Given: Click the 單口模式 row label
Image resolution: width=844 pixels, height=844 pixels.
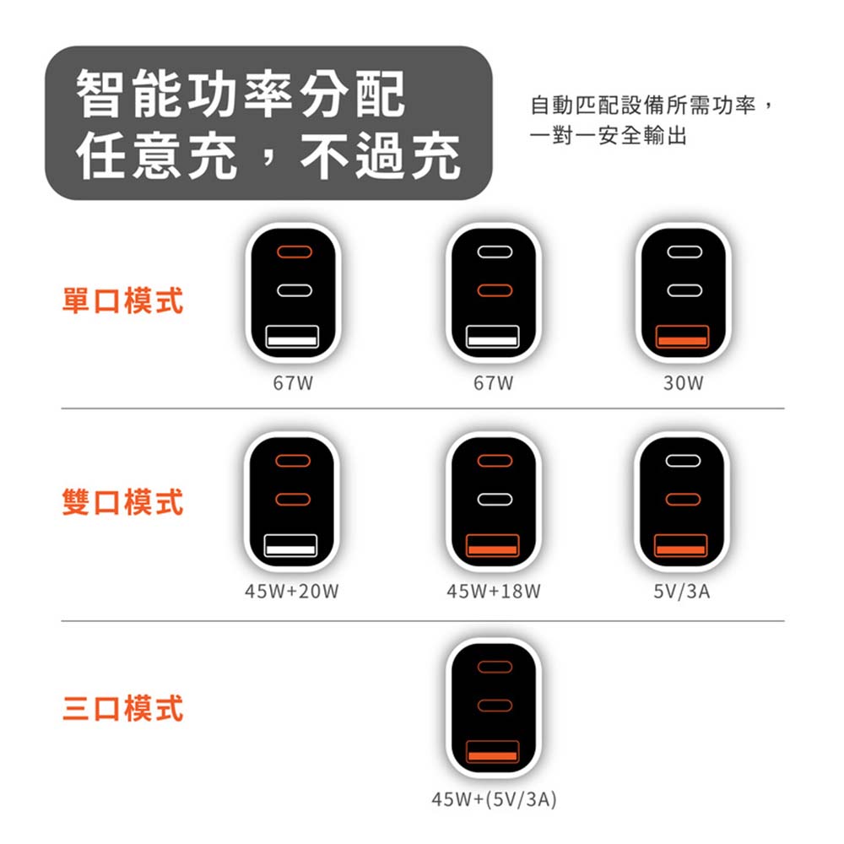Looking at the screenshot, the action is point(122,300).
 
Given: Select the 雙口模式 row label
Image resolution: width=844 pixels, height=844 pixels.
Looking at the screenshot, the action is point(122,501).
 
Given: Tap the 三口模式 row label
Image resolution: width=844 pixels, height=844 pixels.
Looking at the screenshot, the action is point(122,708).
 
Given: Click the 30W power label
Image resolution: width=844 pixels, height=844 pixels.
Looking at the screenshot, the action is point(683,382).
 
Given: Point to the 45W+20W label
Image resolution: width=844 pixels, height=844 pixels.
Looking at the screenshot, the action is point(292,591).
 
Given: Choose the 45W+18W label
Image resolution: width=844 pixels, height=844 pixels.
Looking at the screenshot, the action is point(494,591).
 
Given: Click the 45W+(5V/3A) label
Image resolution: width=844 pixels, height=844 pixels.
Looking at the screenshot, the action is point(494,799).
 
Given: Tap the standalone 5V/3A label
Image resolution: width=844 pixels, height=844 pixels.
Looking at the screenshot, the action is point(682,591).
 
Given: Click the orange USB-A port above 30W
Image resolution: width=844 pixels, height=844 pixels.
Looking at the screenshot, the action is point(683,337).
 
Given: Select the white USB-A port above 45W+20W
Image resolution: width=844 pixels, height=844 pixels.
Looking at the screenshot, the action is point(290,545).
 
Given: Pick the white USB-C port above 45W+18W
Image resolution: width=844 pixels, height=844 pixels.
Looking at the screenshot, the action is point(495,500).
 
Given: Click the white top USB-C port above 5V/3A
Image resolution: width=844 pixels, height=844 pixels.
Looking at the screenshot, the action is point(683,461).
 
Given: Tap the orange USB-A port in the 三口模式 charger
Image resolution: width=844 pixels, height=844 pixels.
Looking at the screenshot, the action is point(493,751).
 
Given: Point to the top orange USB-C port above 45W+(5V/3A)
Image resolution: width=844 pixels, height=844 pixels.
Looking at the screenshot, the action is point(495,668).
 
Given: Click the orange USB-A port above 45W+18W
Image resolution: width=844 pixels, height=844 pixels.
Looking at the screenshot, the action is point(493,545).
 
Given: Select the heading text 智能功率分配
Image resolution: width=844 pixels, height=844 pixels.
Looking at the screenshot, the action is point(241,95).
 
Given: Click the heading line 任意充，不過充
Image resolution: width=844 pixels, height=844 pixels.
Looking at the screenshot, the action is point(268,155).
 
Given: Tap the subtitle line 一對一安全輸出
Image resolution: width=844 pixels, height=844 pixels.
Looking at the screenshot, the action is point(609,135).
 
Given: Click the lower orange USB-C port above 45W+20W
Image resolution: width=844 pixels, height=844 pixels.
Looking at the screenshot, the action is point(293,500).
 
